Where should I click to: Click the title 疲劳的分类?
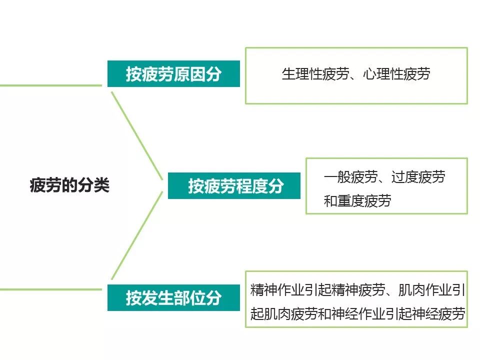[x=69, y=186]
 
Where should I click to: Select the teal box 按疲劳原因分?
[x=173, y=74]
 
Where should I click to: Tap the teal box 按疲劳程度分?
[x=234, y=186]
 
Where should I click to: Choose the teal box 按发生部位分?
[x=173, y=298]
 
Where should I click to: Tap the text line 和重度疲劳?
[x=357, y=201]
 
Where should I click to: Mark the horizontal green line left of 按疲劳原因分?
[x=50, y=85]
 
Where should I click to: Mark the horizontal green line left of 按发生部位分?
[x=50, y=289]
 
